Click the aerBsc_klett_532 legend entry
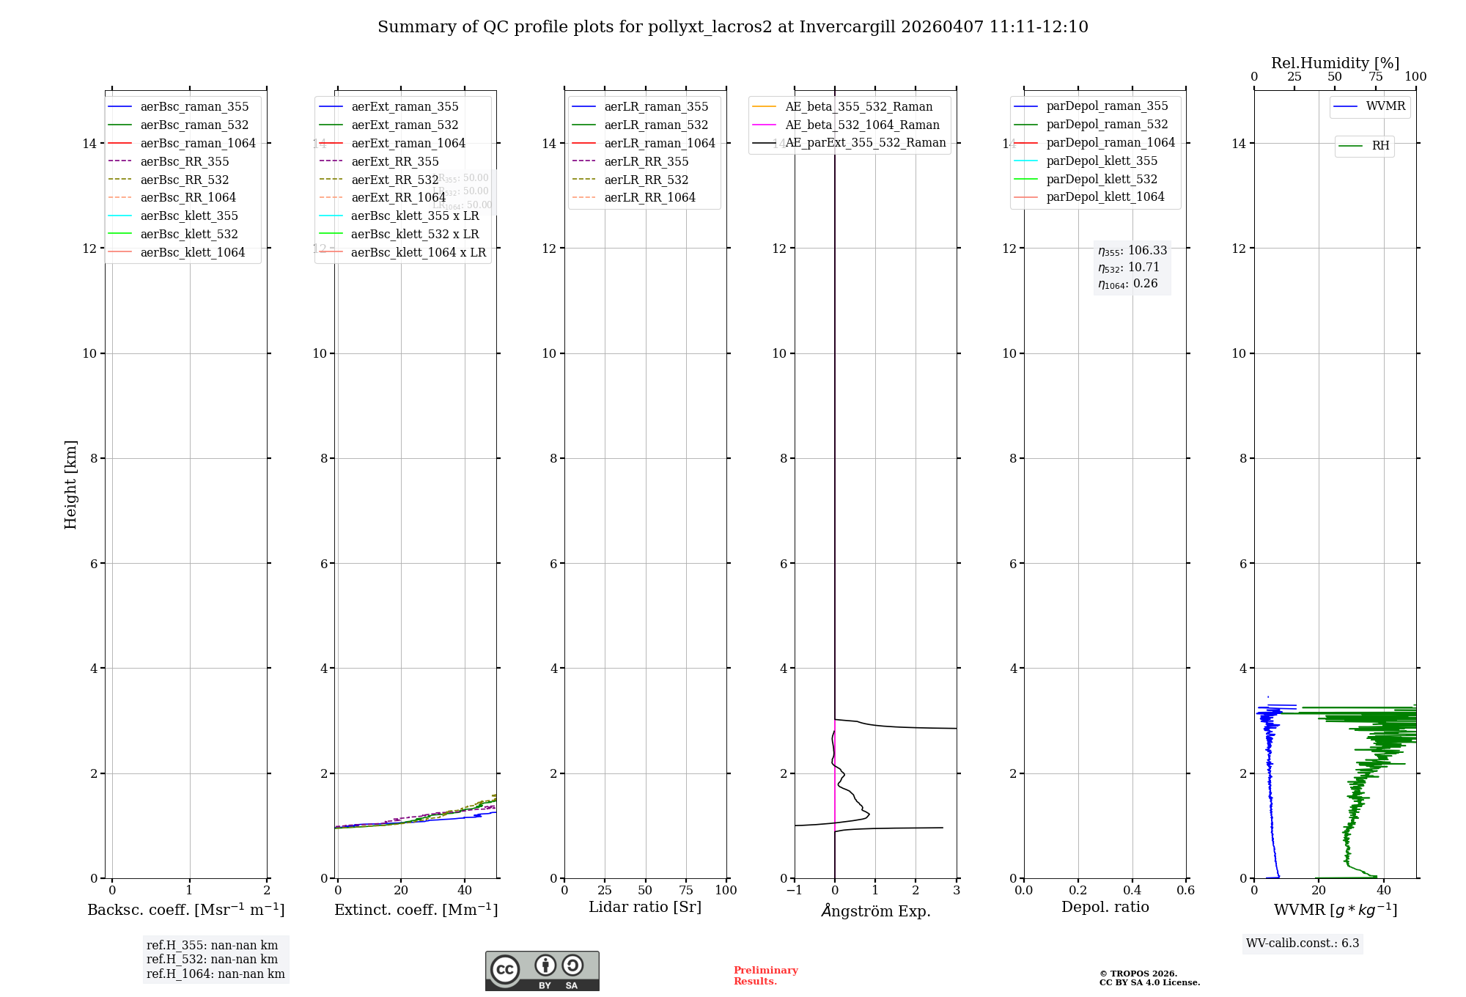click(189, 234)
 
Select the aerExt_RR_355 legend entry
click(394, 161)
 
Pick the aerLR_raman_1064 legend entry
click(659, 143)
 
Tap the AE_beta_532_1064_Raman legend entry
click(862, 125)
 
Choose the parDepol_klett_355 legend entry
click(1102, 161)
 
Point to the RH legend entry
click(1380, 145)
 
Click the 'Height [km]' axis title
click(70, 484)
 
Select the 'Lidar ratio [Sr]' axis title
click(645, 907)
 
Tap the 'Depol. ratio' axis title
click(1105, 907)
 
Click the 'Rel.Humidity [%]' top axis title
click(1335, 63)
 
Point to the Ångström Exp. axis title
click(876, 910)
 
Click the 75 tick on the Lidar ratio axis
click(686, 890)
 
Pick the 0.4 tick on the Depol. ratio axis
click(1132, 890)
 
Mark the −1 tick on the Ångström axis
click(794, 890)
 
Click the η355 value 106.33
click(1147, 250)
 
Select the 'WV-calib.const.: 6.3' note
click(1303, 943)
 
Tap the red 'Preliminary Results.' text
click(765, 975)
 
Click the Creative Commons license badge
click(542, 971)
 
